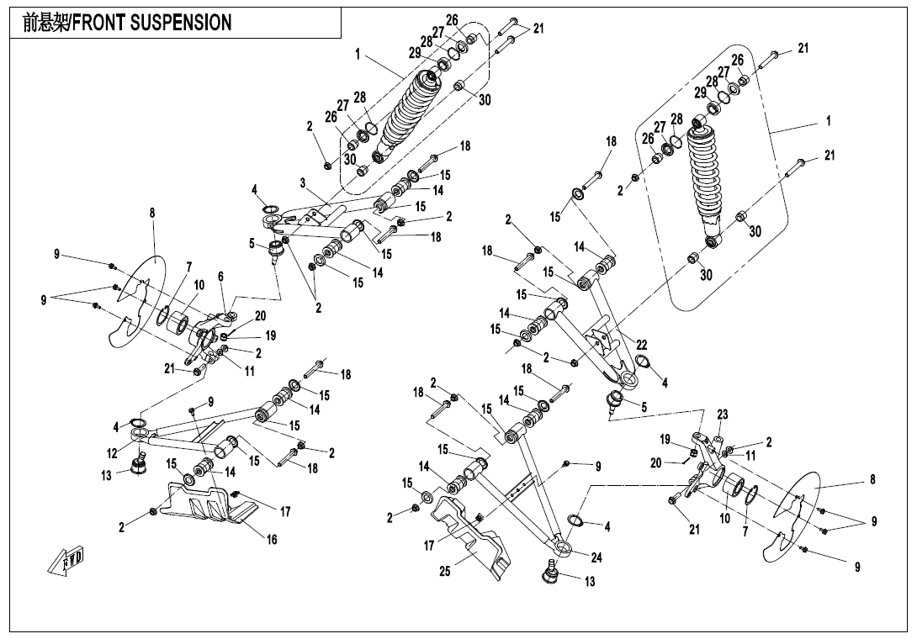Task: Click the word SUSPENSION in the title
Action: point(180,24)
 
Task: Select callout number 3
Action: point(302,182)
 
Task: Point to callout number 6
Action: point(221,276)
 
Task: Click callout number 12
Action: point(112,454)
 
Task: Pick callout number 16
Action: point(272,540)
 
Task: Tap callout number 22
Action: point(641,345)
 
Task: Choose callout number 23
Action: point(722,415)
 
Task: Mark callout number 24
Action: point(596,557)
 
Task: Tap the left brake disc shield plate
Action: point(137,303)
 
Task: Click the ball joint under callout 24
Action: point(553,574)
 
